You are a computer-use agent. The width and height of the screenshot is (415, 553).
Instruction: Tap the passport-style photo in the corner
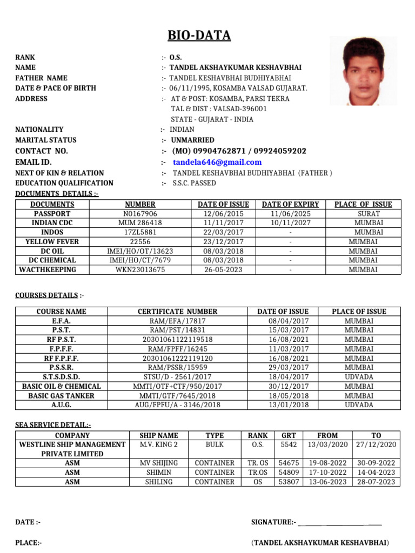click(363, 71)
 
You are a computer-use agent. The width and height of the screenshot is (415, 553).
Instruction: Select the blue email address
click(217, 162)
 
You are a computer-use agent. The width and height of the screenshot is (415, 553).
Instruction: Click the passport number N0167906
click(140, 214)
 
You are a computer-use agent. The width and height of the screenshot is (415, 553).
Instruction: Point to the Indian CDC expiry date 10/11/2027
click(290, 223)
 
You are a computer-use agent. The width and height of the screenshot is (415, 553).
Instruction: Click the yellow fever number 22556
click(140, 242)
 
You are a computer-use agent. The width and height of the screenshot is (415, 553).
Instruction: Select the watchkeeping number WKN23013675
click(140, 269)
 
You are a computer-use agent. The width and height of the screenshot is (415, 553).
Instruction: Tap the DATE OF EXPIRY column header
click(290, 205)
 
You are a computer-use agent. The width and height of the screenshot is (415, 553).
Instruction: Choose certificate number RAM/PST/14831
click(178, 330)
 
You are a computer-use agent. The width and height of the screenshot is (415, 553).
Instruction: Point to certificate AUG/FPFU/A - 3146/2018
click(178, 404)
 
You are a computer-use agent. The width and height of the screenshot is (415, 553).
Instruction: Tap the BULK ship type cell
click(215, 444)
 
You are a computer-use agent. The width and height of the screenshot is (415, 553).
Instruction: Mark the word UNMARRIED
click(192, 140)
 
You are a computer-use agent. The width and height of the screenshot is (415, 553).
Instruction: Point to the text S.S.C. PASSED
click(194, 183)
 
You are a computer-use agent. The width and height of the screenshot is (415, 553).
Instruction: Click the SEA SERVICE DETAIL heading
click(53, 426)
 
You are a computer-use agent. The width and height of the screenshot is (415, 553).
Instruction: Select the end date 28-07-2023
click(376, 482)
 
